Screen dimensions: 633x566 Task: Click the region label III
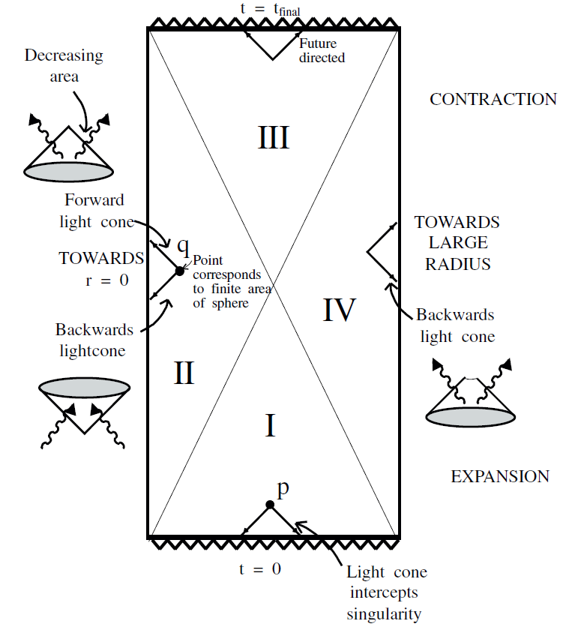274,137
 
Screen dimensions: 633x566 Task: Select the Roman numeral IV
338,309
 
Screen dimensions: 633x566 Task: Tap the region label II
184,373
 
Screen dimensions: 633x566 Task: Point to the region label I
271,426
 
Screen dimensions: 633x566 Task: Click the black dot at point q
179,271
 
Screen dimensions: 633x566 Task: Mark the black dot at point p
270,505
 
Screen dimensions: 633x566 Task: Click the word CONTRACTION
493,99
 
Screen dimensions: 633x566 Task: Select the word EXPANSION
499,476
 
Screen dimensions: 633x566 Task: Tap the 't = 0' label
260,568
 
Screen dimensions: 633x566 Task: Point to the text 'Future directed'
322,50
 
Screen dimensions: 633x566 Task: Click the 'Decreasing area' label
64,64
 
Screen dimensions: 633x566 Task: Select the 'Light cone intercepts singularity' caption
387,593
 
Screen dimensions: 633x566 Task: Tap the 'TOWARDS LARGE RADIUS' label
457,243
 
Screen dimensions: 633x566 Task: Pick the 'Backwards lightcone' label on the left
94,338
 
